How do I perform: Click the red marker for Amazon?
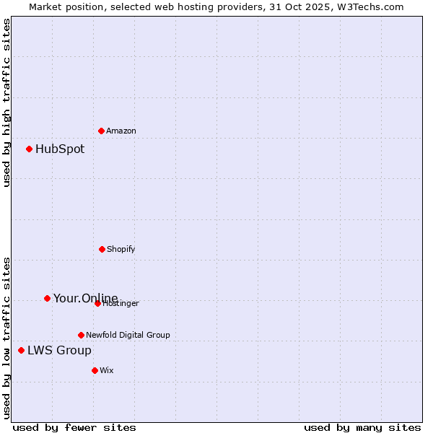coord(101,131)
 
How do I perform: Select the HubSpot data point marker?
coord(29,149)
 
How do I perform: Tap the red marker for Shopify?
coord(102,249)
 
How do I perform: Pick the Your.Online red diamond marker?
coord(47,298)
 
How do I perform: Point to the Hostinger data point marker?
coord(97,303)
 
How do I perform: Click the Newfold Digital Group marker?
coord(81,335)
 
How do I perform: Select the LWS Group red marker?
coord(21,351)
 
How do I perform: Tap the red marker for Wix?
coord(95,370)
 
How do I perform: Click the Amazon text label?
coord(121,131)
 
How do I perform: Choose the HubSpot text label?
coord(60,149)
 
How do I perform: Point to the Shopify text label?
coord(121,250)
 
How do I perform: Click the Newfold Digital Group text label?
coord(128,336)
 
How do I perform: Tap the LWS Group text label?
coord(59,351)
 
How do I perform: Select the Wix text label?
coord(107,371)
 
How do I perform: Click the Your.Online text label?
coord(85,298)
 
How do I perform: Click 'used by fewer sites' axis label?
coord(74,427)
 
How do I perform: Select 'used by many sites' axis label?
coord(362,427)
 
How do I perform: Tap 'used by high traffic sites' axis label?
coord(6,102)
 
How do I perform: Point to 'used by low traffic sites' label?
coord(6,338)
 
